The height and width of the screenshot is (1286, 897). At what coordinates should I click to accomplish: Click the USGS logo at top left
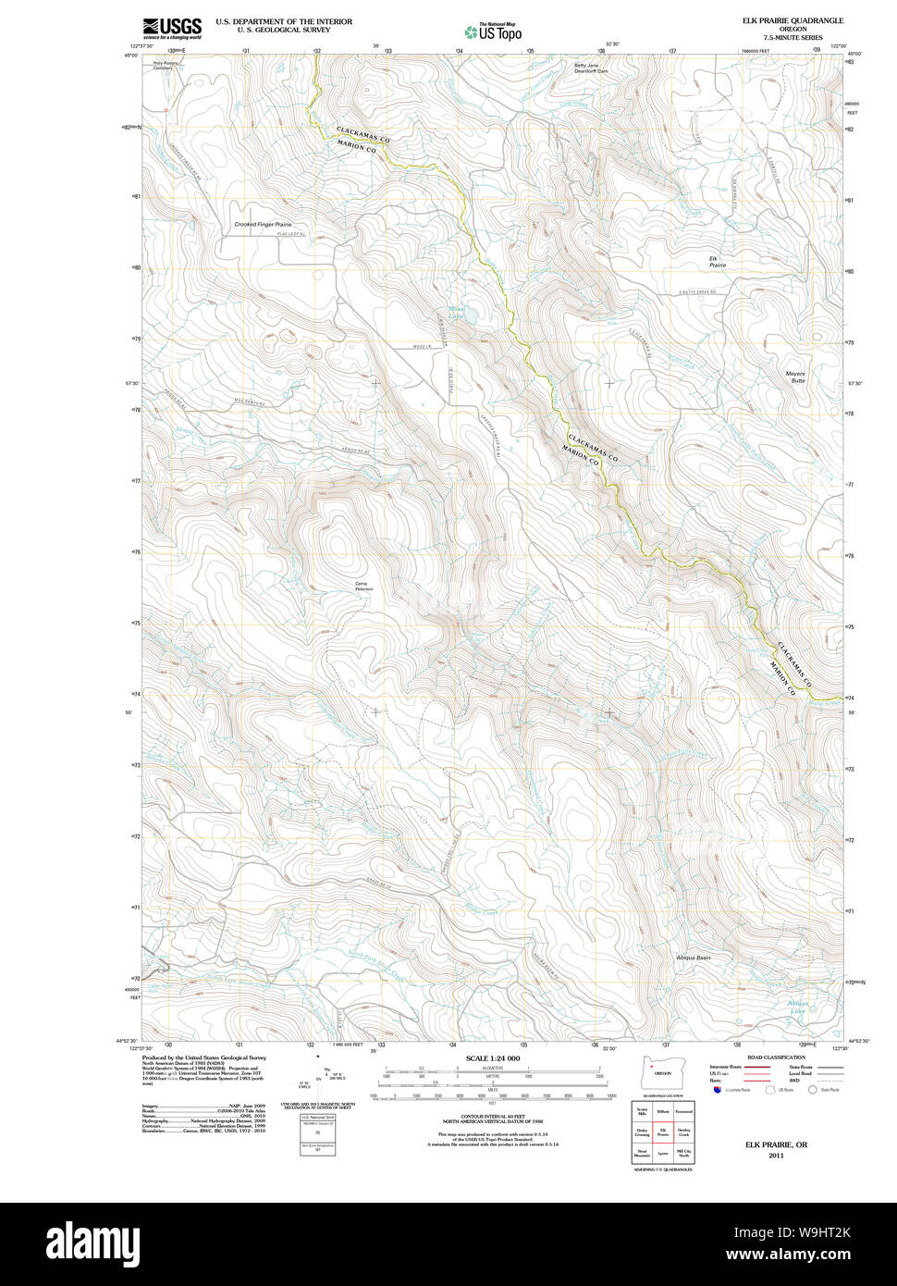tap(172, 28)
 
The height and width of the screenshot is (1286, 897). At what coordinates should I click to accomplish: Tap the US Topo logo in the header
tap(494, 31)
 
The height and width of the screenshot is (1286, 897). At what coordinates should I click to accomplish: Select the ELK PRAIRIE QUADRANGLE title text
tap(793, 20)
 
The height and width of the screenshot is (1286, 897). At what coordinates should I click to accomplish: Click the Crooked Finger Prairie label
tap(263, 225)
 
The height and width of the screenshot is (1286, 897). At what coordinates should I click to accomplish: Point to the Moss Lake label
tap(457, 314)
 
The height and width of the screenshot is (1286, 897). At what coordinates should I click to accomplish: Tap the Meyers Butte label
tap(795, 377)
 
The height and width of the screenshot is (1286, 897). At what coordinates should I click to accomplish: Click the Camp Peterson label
tap(362, 586)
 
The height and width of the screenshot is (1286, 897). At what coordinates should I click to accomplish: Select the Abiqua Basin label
tap(693, 958)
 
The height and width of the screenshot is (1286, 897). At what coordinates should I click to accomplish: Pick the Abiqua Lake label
tap(797, 1007)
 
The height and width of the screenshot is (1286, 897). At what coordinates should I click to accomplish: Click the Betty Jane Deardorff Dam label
tap(591, 68)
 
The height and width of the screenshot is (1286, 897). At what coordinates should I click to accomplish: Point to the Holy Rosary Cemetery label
tap(164, 66)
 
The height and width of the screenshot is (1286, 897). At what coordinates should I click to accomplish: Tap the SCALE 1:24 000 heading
tap(493, 1058)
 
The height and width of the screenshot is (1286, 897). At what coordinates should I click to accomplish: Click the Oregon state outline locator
tap(657, 1072)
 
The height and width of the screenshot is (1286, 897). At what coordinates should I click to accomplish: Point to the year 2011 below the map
tap(775, 1155)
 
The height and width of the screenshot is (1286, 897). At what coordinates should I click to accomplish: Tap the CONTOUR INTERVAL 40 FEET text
tap(492, 1117)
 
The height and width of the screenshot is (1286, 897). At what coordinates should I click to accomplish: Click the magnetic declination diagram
tap(317, 1078)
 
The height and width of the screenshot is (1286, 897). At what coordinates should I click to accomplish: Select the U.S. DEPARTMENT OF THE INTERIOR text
tap(284, 21)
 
